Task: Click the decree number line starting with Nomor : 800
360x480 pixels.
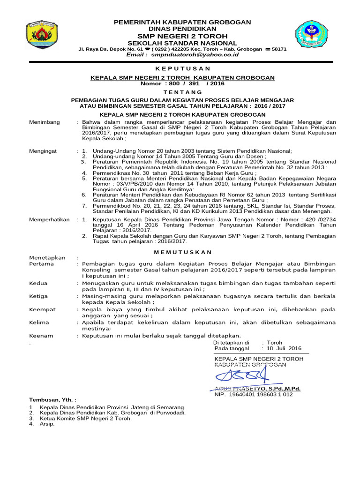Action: [x=182, y=83]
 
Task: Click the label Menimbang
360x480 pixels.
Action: [x=45, y=122]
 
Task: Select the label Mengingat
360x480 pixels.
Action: [x=44, y=151]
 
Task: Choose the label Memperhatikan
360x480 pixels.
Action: [x=49, y=219]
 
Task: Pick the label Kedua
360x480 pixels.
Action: [x=38, y=284]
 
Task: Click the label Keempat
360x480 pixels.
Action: [x=42, y=309]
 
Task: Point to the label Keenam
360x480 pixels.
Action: [x=41, y=336]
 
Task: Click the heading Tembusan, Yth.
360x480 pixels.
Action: [x=52, y=400]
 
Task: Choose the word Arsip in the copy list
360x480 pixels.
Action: [x=48, y=424]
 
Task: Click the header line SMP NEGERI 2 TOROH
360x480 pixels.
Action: [x=182, y=36]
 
